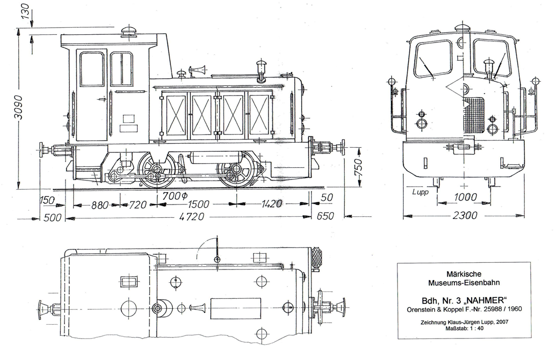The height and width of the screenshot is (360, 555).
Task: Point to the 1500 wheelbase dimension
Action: point(198,204)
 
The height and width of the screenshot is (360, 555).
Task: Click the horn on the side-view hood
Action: point(196,70)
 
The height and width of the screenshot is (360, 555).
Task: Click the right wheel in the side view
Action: point(236,170)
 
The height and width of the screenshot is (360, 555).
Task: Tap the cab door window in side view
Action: point(92,69)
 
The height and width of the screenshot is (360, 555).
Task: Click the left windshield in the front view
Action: point(433,59)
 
